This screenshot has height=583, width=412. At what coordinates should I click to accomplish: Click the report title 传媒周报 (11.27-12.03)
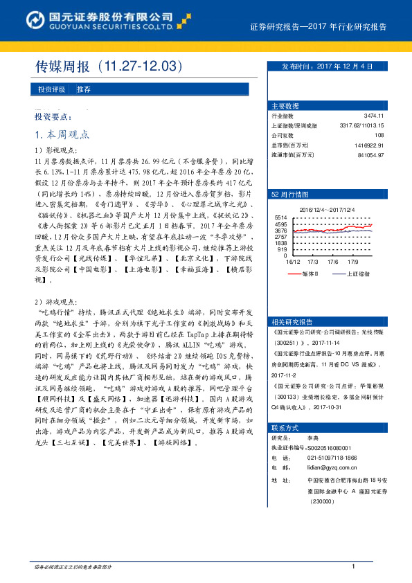pos(109,67)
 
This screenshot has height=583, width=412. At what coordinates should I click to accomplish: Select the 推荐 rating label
pos(84,89)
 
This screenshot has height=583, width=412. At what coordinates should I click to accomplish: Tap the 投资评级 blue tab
pos(52,89)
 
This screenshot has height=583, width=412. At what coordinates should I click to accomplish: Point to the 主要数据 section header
pos(285,107)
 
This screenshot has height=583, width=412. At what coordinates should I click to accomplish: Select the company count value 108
pos(378,136)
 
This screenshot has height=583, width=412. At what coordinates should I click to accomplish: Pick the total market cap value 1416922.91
pos(368,145)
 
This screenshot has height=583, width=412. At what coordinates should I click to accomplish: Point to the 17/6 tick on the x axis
pos(332,262)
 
